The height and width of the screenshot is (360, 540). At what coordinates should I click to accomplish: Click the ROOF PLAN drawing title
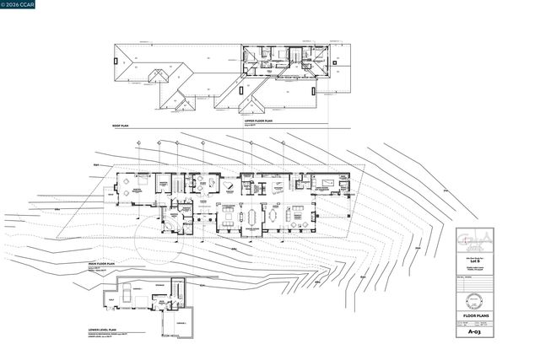click(x=119, y=125)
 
